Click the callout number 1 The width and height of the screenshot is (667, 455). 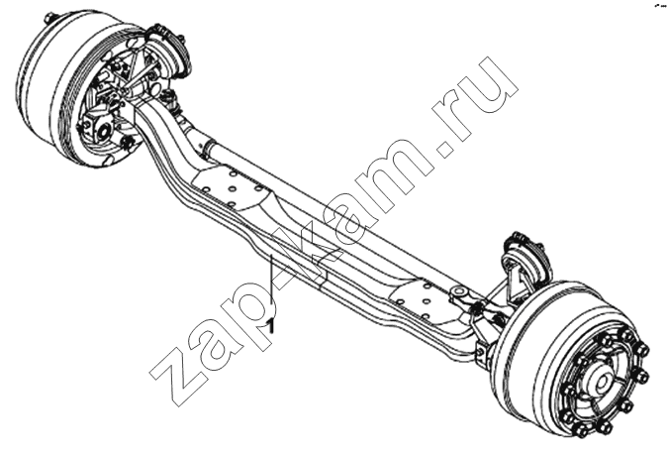pyautogui.click(x=271, y=326)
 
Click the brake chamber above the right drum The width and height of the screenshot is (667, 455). pyautogui.click(x=522, y=251)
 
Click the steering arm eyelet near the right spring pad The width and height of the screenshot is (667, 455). pyautogui.click(x=459, y=292)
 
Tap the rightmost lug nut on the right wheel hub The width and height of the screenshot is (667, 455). pyautogui.click(x=641, y=376)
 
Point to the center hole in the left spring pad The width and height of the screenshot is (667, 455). pyautogui.click(x=233, y=188)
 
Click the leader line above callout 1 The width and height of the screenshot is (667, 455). pyautogui.click(x=271, y=285)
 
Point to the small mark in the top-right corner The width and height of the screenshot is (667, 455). pyautogui.click(x=660, y=6)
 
